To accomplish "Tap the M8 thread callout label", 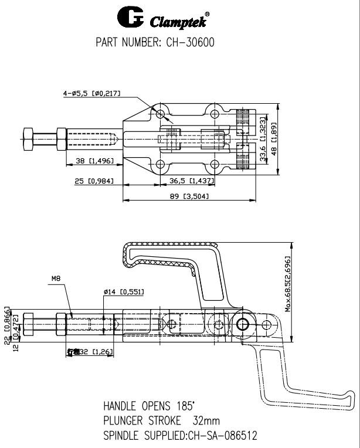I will tap(56, 280).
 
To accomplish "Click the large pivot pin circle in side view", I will tap(243, 324).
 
